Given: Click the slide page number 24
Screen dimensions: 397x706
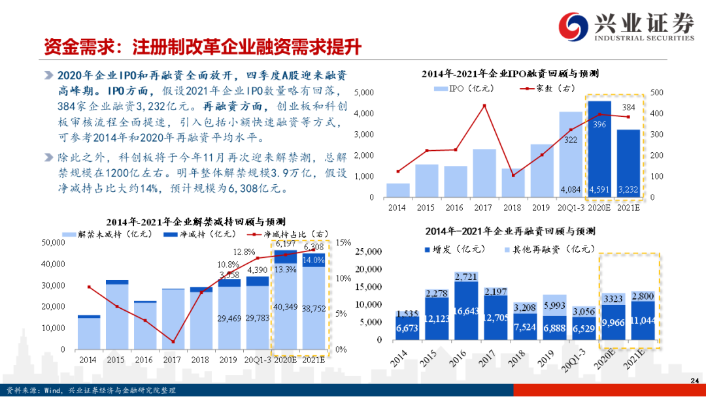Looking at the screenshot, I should (695, 381).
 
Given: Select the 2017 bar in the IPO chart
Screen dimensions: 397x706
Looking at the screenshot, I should (484, 173).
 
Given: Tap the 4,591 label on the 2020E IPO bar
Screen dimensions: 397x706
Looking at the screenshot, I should (599, 190).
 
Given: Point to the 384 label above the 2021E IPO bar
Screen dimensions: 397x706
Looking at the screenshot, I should (628, 106).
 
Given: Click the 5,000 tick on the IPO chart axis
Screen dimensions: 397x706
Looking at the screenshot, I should (363, 93).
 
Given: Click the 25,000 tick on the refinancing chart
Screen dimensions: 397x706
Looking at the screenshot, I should (370, 252).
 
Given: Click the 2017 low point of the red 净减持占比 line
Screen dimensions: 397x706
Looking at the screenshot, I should (173, 341).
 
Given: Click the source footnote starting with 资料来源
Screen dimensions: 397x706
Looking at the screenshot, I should (92, 390).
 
